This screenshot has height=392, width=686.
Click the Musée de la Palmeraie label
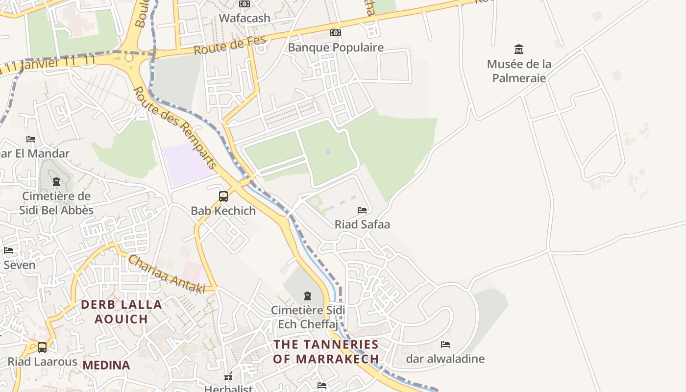519,71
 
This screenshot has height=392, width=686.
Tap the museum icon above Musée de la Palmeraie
519,49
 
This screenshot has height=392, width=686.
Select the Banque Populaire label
336,48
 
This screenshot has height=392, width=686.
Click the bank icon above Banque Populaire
336,33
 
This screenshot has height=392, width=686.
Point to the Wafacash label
245,18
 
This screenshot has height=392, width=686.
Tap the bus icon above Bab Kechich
223,196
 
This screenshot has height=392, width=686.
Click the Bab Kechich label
223,211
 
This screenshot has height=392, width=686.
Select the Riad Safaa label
362,224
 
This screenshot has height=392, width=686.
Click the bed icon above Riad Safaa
362,210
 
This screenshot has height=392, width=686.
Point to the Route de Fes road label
230,46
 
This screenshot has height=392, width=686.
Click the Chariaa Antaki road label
167,275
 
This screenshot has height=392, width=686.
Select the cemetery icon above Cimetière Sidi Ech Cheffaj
308,296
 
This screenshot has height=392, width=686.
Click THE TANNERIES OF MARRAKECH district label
326,351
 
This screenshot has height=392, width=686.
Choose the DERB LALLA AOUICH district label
122,312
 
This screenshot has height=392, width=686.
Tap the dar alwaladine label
445,359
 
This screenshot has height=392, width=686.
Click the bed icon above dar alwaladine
445,344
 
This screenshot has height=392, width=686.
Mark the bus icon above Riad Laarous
42,347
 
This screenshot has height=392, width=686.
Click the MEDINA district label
106,365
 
